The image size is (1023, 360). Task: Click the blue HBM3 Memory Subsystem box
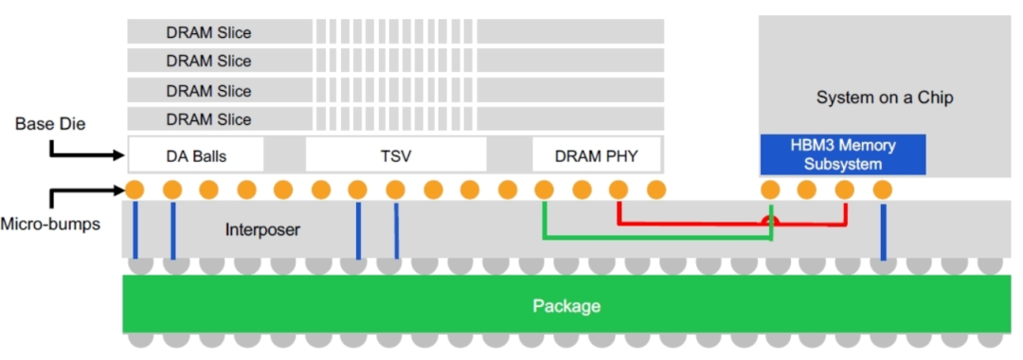click(x=843, y=154)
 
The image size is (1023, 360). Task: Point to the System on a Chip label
click(x=884, y=98)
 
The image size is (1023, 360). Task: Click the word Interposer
click(x=262, y=229)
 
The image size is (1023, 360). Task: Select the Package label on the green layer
click(x=566, y=305)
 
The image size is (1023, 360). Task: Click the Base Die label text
click(x=50, y=124)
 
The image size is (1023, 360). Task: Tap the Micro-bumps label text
click(x=50, y=225)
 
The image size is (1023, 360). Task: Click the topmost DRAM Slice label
click(x=208, y=32)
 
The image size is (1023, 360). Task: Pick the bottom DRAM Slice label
click(x=208, y=120)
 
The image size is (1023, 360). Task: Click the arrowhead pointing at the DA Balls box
click(x=119, y=155)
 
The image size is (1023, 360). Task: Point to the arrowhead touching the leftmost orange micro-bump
click(x=119, y=190)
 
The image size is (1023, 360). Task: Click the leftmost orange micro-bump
click(x=135, y=189)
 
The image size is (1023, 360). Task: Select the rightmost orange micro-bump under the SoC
click(x=882, y=189)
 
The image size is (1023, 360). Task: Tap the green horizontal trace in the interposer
click(x=657, y=238)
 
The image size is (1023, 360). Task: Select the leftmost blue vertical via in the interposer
click(x=135, y=229)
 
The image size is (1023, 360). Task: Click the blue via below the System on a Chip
click(x=883, y=232)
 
